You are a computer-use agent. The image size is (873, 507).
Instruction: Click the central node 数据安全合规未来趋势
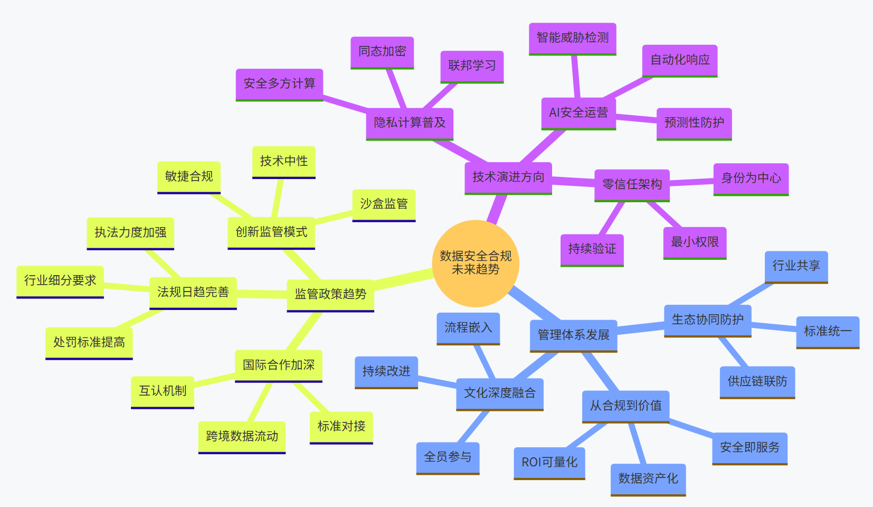coord(476,263)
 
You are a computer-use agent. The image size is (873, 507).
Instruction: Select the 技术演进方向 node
coord(508,177)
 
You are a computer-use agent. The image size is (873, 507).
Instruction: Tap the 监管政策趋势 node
coord(330,295)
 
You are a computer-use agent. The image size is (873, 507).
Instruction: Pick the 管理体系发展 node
coord(573,335)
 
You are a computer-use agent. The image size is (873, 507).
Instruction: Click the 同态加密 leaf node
coord(382,52)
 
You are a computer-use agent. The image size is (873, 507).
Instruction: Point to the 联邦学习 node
coord(472,66)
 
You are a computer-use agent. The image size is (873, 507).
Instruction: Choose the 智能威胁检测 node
coord(573,38)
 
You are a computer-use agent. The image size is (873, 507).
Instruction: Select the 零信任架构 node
coord(632,185)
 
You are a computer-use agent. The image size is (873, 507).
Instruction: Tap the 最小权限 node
coord(695,242)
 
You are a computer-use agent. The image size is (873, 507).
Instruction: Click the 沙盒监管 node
coord(384,204)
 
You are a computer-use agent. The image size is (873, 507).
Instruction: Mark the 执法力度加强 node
coord(130,233)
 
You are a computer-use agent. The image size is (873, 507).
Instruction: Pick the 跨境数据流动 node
coord(242,436)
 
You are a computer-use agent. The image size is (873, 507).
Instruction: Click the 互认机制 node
coord(163,391)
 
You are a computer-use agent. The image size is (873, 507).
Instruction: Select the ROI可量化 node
coord(549,463)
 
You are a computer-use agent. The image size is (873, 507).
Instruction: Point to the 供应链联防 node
coord(757,382)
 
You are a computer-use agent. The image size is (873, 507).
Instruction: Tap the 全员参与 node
coord(448,457)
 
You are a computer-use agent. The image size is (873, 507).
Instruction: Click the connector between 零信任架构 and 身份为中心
coord(691,182)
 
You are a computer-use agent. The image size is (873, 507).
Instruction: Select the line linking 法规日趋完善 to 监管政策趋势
coord(262,294)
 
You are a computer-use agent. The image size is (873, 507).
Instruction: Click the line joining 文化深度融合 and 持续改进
coord(437,381)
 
